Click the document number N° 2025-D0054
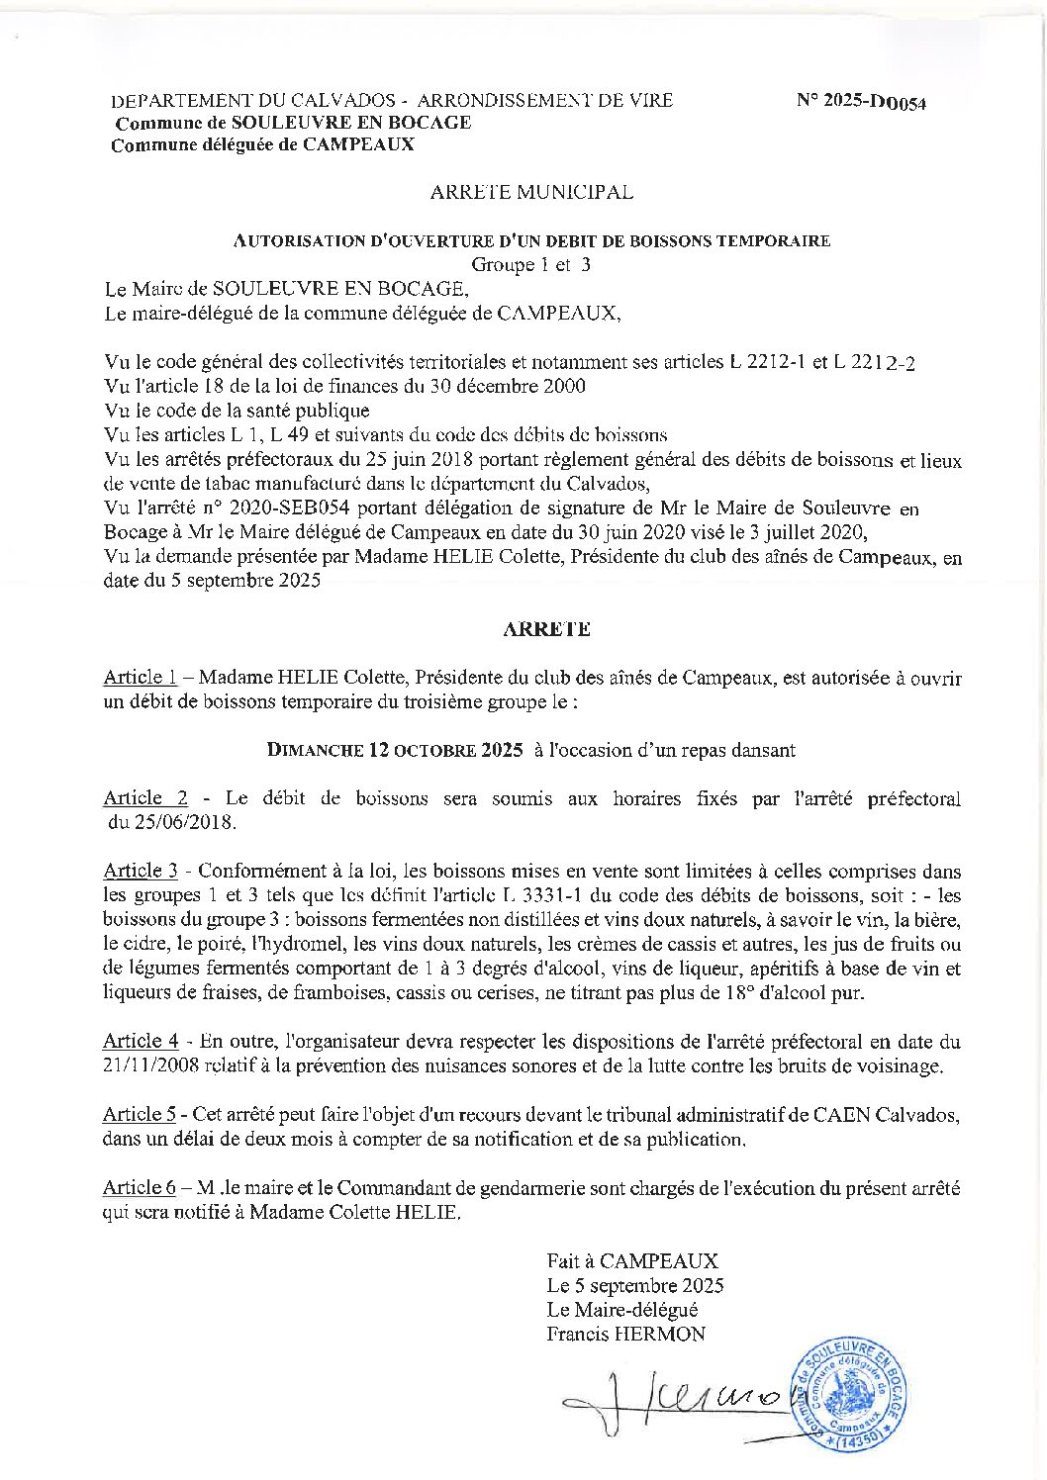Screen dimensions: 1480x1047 [861, 102]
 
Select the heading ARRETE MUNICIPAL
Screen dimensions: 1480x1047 [531, 193]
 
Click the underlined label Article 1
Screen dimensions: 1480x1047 [140, 678]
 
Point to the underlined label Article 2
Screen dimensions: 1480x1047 [145, 798]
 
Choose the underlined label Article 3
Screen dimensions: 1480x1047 [141, 872]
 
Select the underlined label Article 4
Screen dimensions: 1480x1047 [141, 1041]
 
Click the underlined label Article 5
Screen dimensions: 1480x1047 [140, 1114]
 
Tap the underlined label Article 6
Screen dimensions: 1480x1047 [140, 1188]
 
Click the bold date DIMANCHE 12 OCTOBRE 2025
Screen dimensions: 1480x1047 [395, 750]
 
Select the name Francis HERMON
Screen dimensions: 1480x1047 [625, 1334]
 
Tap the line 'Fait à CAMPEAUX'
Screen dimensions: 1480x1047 [631, 1261]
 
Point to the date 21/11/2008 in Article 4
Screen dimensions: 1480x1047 [150, 1066]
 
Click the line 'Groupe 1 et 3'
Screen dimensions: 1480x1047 [530, 265]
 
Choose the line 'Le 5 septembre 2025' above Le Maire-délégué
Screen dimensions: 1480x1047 [634, 1286]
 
